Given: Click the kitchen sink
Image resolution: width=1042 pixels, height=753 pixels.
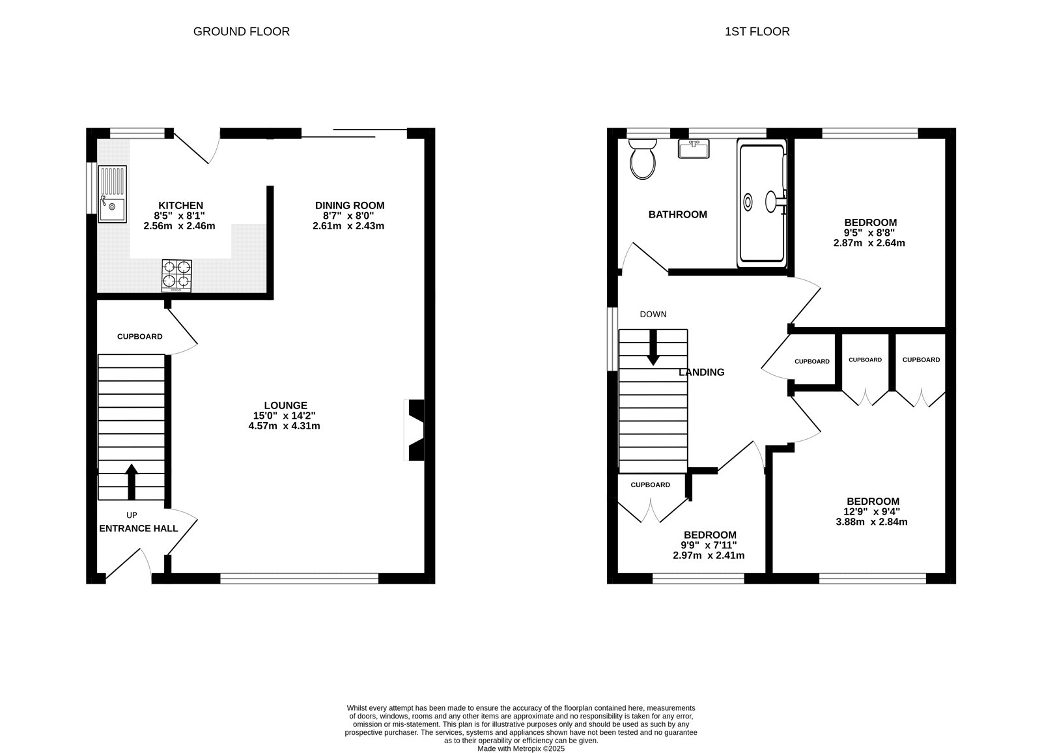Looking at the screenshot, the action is (x=112, y=194).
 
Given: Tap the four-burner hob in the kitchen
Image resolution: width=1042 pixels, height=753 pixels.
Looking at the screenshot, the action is (x=176, y=276).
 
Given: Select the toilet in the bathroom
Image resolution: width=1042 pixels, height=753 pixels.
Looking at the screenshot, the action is (x=642, y=159).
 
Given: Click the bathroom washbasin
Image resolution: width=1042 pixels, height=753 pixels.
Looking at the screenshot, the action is (x=694, y=149).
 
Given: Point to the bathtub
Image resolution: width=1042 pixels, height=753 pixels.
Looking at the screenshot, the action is (x=762, y=203).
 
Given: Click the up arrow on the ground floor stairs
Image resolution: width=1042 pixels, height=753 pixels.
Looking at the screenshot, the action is (x=132, y=481).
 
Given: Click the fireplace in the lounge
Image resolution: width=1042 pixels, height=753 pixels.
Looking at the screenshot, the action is (x=414, y=431).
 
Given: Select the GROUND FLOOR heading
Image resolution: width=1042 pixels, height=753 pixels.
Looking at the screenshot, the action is (x=242, y=32).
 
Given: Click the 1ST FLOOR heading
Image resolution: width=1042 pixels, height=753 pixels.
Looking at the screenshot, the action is (x=757, y=32).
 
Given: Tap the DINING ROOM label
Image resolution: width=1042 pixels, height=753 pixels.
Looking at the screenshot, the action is (x=350, y=205).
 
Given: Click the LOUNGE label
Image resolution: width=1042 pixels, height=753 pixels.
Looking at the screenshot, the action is (x=286, y=405).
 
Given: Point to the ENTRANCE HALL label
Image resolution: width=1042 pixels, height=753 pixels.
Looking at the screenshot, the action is (x=139, y=528).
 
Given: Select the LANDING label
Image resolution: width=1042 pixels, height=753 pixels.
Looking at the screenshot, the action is (x=701, y=372).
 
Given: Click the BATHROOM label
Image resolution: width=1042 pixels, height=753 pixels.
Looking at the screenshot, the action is (x=678, y=214).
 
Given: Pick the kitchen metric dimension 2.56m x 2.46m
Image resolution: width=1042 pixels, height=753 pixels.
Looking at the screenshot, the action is (x=179, y=226).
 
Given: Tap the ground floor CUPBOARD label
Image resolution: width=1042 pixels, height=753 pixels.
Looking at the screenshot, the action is (x=139, y=337).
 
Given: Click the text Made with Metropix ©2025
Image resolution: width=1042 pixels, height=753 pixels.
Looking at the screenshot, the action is (x=521, y=749).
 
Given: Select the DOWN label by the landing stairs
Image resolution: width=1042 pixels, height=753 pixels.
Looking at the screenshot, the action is (x=653, y=315).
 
